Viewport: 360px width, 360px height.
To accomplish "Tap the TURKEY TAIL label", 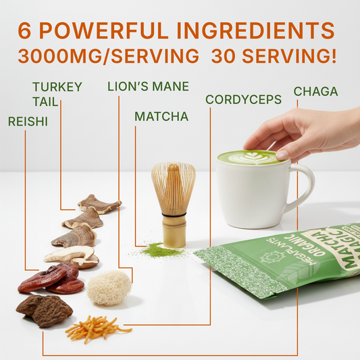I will pyautogui.click(x=57, y=95).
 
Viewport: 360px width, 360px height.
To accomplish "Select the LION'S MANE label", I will pyautogui.click(x=148, y=86).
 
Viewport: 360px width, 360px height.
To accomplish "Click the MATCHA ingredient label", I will pyautogui.click(x=161, y=117).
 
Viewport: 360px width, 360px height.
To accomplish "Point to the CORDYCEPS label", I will pyautogui.click(x=243, y=100).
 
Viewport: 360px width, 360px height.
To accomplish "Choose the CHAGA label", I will pyautogui.click(x=315, y=91).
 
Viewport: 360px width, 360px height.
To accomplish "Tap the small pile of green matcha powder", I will pyautogui.click(x=162, y=251).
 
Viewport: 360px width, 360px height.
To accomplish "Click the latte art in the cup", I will pyautogui.click(x=249, y=158).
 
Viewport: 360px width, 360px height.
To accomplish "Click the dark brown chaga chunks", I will pyautogui.click(x=43, y=310).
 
